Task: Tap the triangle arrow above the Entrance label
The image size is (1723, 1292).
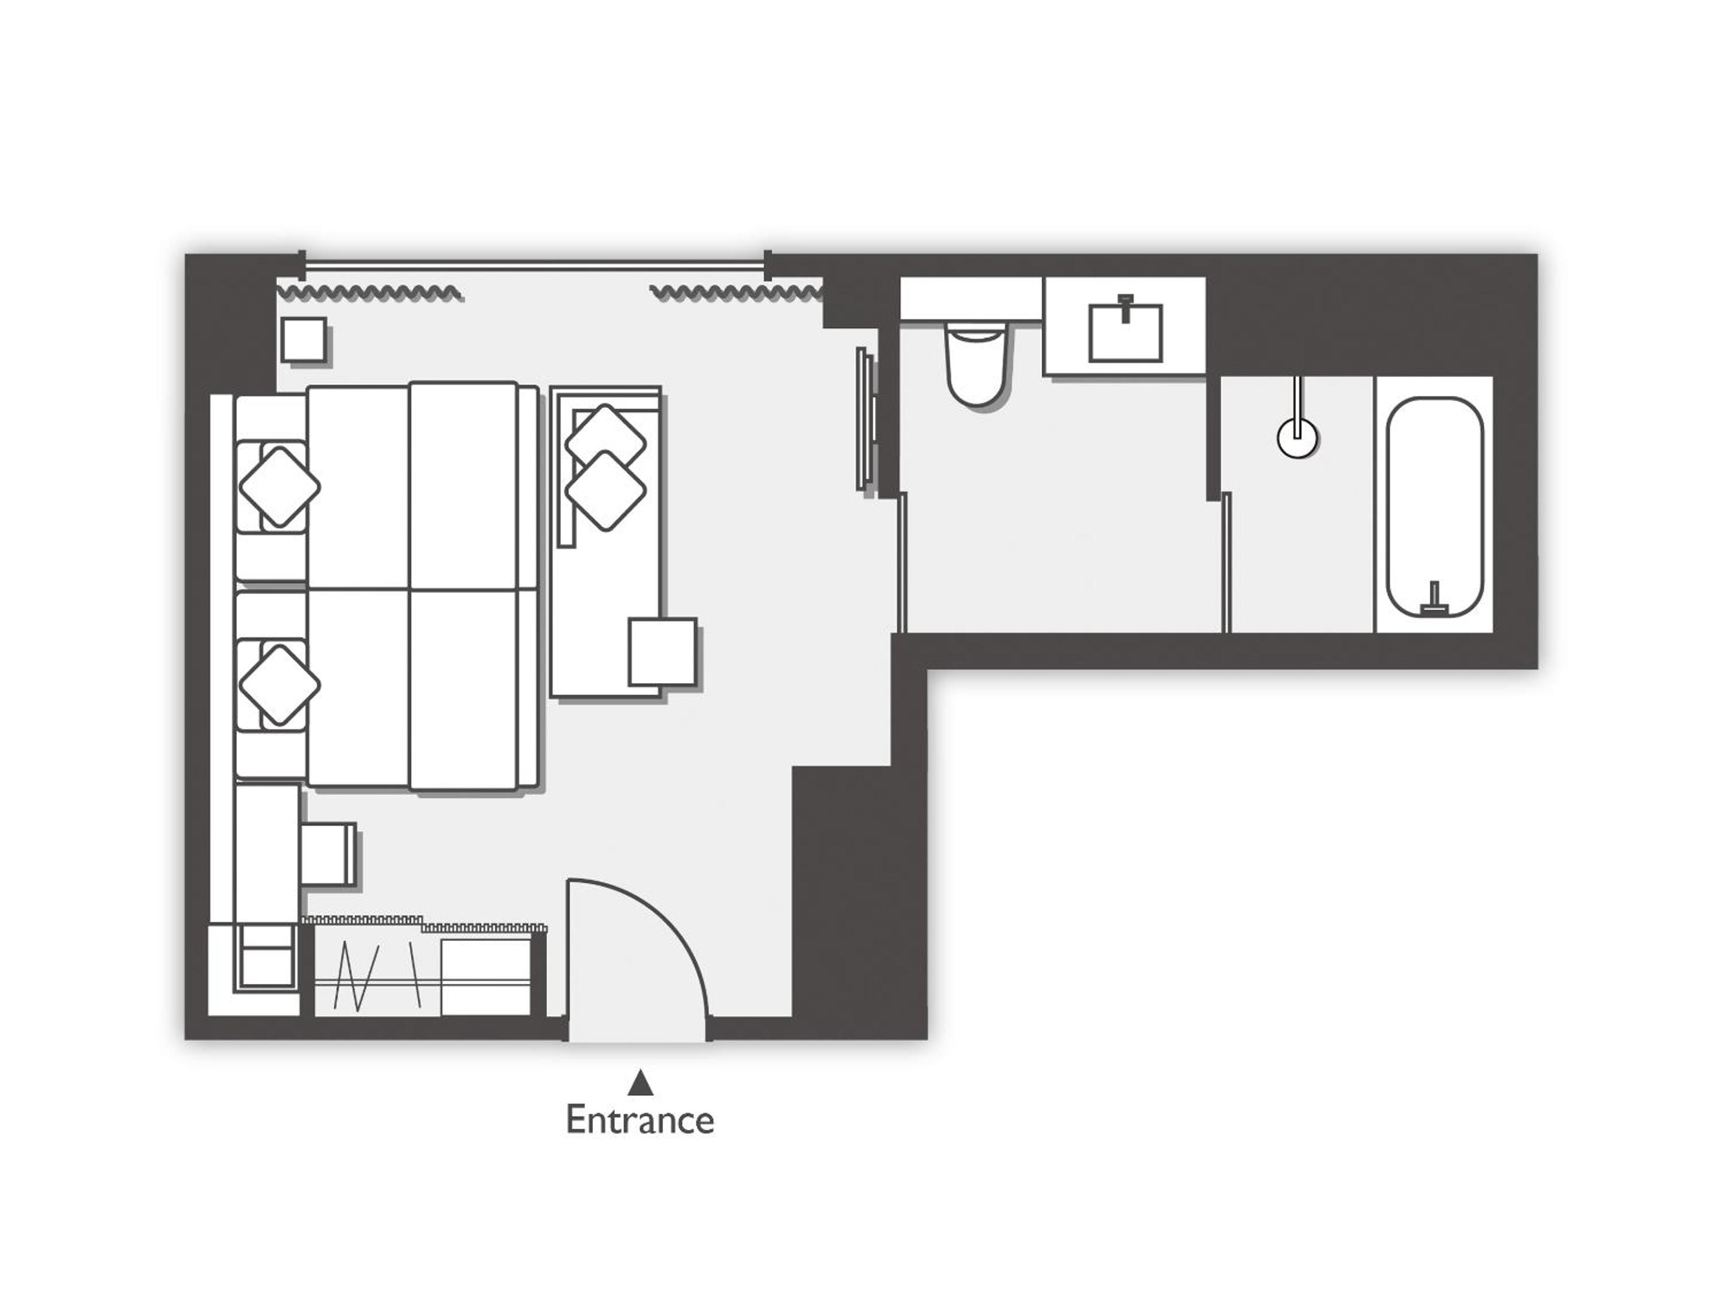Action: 640,1083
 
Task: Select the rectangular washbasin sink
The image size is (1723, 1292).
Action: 1125,333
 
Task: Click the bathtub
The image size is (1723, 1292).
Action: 1434,507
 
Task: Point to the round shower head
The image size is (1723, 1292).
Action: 1297,438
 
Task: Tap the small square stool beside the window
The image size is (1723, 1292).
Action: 304,340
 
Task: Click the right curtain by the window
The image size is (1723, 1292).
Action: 736,293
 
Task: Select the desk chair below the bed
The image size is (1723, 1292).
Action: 328,854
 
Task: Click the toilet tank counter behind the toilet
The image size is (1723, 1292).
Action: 972,298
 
